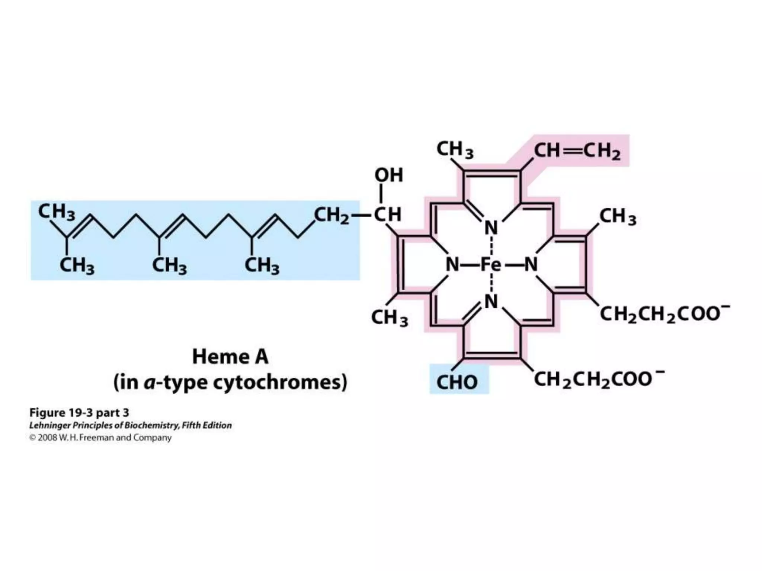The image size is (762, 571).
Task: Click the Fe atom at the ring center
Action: [491, 265]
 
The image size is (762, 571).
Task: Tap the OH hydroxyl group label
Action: [388, 175]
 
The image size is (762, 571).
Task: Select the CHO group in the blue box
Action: [457, 382]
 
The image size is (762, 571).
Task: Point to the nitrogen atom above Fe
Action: [491, 228]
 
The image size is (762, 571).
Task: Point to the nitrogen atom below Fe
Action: [491, 301]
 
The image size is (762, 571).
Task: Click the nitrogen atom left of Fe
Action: [452, 265]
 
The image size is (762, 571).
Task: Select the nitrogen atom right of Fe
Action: [531, 265]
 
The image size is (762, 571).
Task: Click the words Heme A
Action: [230, 357]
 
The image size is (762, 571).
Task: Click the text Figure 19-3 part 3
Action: [79, 413]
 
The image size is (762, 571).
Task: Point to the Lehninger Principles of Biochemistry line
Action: [130, 425]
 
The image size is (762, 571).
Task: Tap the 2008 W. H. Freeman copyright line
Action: [100, 438]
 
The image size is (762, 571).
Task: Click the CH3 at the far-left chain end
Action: [57, 212]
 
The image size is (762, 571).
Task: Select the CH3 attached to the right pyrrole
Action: [618, 217]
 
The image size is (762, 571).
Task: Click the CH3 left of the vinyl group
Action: [455, 150]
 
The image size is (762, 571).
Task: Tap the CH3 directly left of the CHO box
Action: [389, 318]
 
